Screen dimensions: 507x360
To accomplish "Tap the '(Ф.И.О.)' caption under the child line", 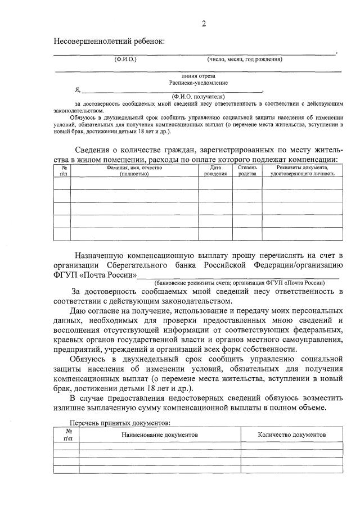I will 125,59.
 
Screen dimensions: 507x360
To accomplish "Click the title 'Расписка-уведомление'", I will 199,83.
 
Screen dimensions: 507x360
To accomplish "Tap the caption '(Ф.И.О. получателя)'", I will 199,97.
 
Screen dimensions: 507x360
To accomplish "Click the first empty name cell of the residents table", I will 134,183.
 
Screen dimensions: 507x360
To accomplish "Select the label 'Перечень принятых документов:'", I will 119,422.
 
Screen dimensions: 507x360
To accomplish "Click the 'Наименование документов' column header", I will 160,435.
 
